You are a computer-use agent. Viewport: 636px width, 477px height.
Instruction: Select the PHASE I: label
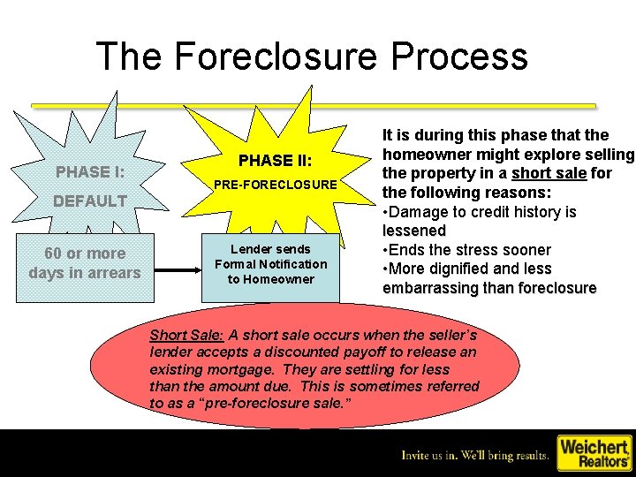pos(89,171)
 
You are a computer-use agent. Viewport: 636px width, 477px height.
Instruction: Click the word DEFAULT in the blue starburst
pos(89,201)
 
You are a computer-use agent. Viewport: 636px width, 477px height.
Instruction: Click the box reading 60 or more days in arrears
pos(85,263)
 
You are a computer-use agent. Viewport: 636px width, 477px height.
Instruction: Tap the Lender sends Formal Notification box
pos(270,264)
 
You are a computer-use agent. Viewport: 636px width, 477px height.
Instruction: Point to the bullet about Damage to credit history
pos(479,221)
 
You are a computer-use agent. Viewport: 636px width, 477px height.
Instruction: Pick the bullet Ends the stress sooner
pos(466,250)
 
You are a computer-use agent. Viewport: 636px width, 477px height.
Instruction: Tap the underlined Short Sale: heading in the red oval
pos(188,336)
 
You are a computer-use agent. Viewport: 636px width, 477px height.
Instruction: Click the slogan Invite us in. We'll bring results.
pos(475,456)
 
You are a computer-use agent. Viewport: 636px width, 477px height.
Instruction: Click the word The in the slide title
pos(129,56)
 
